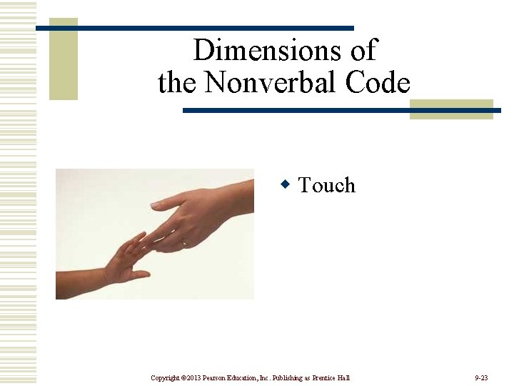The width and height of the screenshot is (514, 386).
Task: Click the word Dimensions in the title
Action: (x=263, y=51)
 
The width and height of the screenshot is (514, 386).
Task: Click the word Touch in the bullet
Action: (x=326, y=186)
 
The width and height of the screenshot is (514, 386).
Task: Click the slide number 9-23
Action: (x=480, y=377)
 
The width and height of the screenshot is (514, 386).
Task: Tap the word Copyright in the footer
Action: (x=166, y=377)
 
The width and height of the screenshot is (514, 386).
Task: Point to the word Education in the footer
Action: (x=250, y=377)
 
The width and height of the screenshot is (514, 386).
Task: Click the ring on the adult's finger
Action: (x=184, y=243)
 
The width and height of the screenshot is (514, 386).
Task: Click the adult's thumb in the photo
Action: (x=168, y=204)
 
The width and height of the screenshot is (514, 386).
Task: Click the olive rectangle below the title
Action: (x=451, y=109)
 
